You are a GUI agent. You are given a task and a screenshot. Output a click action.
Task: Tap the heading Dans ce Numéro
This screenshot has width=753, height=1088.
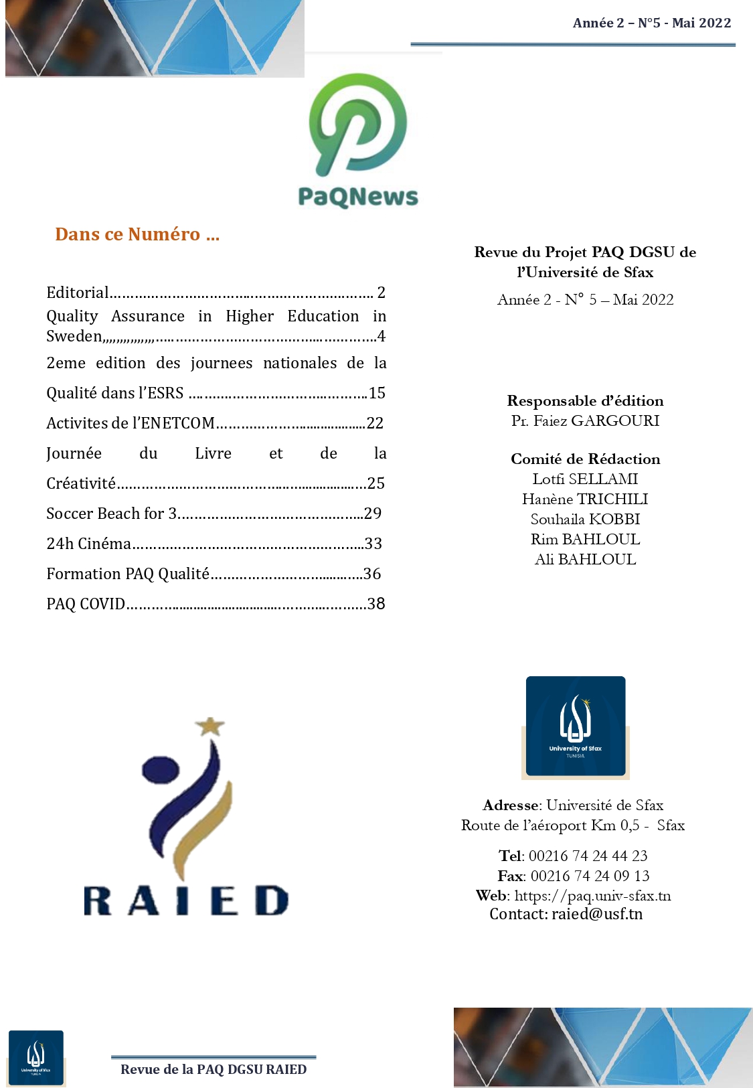(137, 234)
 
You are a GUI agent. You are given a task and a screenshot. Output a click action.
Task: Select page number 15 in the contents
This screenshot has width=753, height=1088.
(377, 393)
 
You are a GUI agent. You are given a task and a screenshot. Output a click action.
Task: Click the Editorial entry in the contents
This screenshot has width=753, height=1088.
(78, 293)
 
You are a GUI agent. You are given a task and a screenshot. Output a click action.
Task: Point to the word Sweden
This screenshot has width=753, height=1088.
(74, 336)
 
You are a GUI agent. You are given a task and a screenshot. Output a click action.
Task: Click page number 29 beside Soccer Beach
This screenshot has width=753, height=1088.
(373, 514)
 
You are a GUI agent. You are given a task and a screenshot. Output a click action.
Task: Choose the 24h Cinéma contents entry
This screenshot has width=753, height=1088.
(89, 544)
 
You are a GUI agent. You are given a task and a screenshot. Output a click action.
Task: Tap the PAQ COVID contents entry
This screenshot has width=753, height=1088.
(86, 604)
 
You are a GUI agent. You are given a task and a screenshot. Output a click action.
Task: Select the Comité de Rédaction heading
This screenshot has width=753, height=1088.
(585, 459)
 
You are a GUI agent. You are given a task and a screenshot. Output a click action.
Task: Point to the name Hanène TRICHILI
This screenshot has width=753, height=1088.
(585, 499)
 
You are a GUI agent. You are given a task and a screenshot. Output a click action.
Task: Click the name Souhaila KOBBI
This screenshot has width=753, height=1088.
(585, 519)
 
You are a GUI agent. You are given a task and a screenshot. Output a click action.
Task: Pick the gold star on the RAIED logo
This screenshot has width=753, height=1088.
(210, 726)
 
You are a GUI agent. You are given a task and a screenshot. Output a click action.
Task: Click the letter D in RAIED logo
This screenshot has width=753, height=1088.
(272, 901)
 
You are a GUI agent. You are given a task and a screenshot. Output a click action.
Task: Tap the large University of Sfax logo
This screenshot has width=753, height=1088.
(576, 726)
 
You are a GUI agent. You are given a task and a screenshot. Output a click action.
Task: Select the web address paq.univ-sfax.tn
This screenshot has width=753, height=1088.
(592, 896)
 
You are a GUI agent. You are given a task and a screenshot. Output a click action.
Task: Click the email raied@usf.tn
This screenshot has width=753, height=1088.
(596, 914)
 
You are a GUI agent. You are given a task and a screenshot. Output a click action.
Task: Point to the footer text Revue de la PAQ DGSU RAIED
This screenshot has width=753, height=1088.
(214, 1069)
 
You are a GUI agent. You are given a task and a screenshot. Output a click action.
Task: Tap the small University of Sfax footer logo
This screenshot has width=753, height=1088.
(36, 1057)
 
